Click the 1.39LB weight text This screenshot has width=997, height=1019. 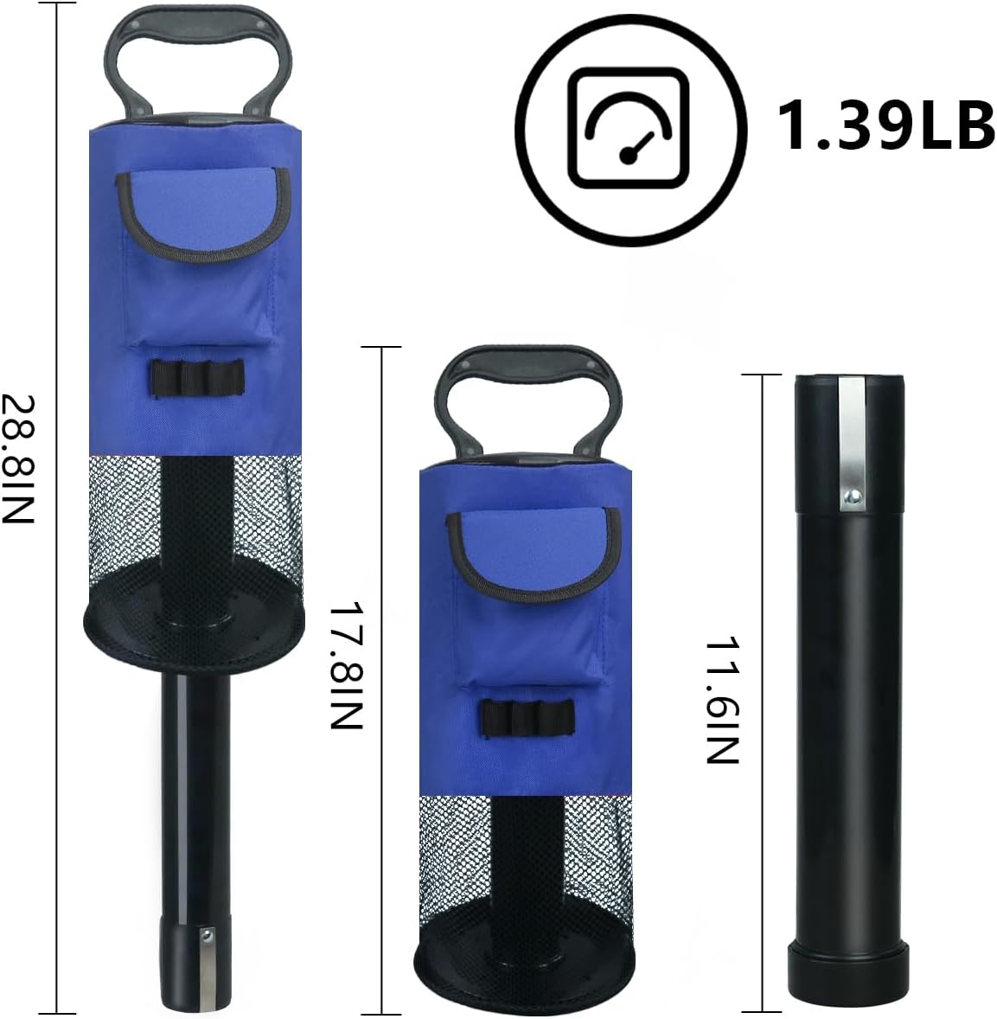click(885, 124)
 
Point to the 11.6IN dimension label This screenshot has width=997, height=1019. click(721, 701)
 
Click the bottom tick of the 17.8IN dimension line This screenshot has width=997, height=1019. click(381, 1013)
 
